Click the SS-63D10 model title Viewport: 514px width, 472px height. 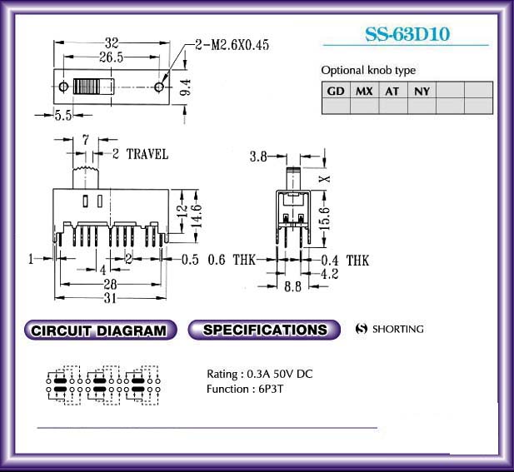pyautogui.click(x=407, y=34)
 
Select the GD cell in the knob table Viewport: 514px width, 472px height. pyautogui.click(x=336, y=90)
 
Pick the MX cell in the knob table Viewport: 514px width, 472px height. pyautogui.click(x=364, y=90)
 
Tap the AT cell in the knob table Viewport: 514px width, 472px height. pyautogui.click(x=392, y=90)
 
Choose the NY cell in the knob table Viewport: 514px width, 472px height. pyautogui.click(x=422, y=90)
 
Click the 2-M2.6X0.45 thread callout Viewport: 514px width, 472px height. pyautogui.click(x=232, y=45)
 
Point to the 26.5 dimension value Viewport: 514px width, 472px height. pyautogui.click(x=112, y=57)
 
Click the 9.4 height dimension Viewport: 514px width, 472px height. pyautogui.click(x=186, y=87)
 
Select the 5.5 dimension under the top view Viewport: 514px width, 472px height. pyautogui.click(x=63, y=116)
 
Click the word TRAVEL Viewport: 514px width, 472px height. pyautogui.click(x=147, y=154)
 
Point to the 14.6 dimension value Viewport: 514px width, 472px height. pyautogui.click(x=197, y=216)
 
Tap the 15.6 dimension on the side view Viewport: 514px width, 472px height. pyautogui.click(x=324, y=218)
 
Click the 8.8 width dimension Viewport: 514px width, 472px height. pyautogui.click(x=292, y=286)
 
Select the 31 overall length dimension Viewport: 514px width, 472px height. pyautogui.click(x=111, y=298)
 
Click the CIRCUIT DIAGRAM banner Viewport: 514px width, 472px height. pyautogui.click(x=100, y=330)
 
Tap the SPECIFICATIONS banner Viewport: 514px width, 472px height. pyautogui.click(x=264, y=330)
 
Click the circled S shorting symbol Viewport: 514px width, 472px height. pyautogui.click(x=361, y=329)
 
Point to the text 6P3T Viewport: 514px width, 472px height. pyautogui.click(x=271, y=389)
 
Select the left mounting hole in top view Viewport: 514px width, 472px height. pyautogui.click(x=63, y=87)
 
